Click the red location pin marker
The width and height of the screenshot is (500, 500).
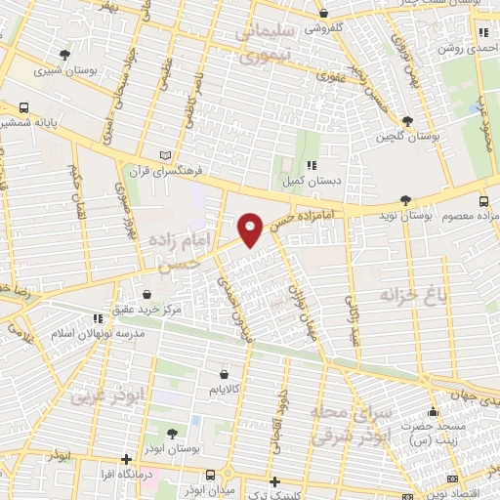(x=251, y=229)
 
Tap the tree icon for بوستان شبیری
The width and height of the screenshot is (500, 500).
(x=64, y=55)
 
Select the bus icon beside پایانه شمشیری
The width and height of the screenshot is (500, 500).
(x=22, y=108)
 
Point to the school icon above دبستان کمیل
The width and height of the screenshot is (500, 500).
(x=311, y=165)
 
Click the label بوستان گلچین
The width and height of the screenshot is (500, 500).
(x=406, y=135)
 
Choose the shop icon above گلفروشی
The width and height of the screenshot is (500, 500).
(x=324, y=14)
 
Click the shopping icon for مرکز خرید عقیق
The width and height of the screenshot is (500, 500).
(x=147, y=294)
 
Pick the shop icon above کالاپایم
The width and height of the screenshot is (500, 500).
(x=224, y=374)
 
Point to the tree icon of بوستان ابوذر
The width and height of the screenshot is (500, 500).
(x=172, y=433)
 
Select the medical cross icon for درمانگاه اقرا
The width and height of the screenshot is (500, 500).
(x=125, y=459)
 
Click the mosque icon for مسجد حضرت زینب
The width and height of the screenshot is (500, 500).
(x=434, y=411)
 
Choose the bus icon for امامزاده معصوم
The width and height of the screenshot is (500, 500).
(x=484, y=202)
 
